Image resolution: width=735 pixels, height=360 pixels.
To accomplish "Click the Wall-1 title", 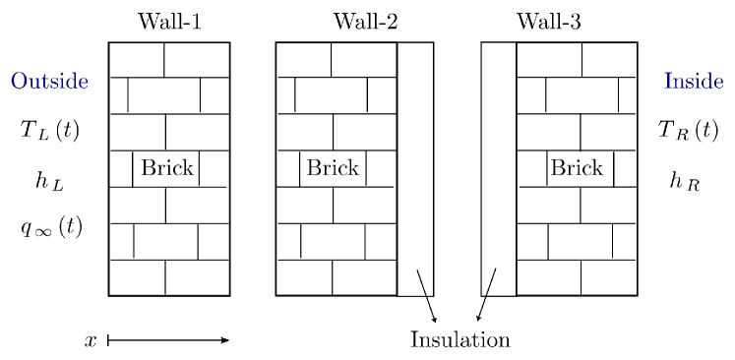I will (170, 22).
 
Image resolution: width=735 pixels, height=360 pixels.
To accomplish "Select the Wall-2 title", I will (365, 22).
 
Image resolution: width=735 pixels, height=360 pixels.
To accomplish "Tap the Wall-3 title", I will (548, 22).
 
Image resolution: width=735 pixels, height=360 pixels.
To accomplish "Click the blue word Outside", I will (49, 81).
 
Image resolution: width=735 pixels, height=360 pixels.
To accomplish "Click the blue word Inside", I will (694, 81).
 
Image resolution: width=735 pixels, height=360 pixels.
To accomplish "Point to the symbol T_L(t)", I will (50, 130).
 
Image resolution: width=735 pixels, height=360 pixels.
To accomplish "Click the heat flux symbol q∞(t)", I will (51, 227).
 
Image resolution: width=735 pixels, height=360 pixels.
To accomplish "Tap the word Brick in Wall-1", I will (167, 168).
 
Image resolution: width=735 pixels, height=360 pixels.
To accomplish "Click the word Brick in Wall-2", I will (333, 168).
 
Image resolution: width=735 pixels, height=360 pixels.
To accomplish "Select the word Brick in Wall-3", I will (576, 168).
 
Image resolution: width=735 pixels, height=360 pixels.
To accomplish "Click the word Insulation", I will (459, 340).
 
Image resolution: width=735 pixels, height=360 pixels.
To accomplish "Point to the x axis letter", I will (91, 340).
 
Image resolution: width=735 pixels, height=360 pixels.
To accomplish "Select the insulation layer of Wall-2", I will (415, 167).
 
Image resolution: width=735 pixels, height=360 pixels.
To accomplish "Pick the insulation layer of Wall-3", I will (498, 167).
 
